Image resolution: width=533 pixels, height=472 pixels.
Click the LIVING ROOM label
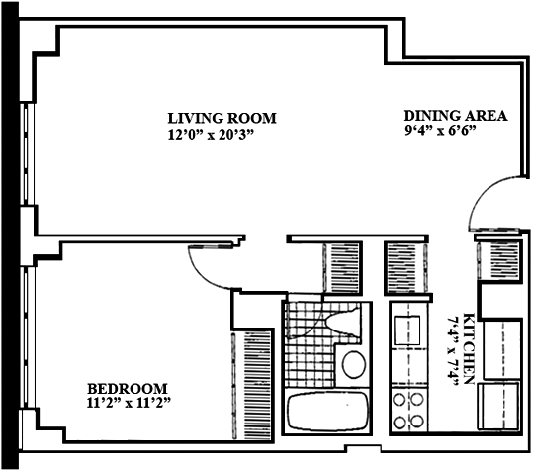pos(222,118)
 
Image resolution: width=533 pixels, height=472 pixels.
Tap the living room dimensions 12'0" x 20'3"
pos(211,135)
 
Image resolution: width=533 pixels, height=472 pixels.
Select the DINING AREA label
pos(456,116)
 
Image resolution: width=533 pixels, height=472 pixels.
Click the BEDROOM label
pos(128,388)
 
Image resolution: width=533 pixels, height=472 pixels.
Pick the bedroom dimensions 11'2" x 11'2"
pos(129,403)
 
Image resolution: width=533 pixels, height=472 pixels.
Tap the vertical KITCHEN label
pos(469,348)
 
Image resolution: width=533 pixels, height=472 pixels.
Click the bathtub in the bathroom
pos(327,412)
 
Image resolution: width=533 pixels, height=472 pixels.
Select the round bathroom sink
pos(354,364)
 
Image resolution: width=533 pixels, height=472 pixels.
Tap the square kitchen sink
pos(406,330)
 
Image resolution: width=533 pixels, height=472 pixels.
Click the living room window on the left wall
pos(28,153)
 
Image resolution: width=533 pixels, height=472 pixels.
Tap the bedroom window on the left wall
pos(28,337)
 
